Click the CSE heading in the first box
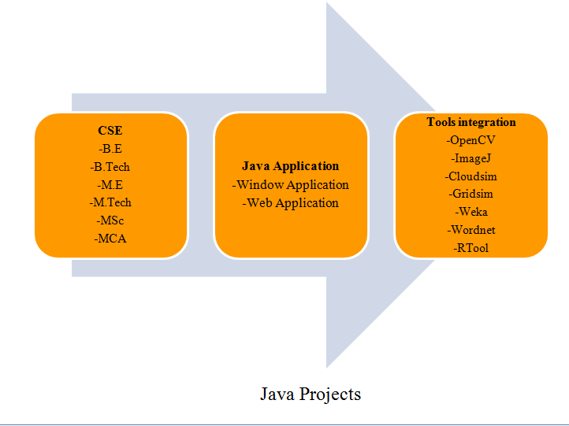(110, 131)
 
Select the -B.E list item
(110, 149)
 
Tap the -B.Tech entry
(110, 167)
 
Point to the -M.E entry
(110, 185)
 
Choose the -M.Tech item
(110, 203)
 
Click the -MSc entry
(110, 221)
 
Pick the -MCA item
(110, 239)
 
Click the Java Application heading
(290, 167)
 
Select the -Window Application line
(290, 185)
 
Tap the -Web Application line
(290, 203)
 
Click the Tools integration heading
(471, 123)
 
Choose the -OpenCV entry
(471, 141)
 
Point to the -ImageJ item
(471, 158)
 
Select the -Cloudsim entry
(471, 176)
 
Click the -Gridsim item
(471, 194)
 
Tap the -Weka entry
(471, 213)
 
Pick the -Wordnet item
(471, 231)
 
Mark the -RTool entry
(471, 249)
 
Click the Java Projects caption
(311, 394)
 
